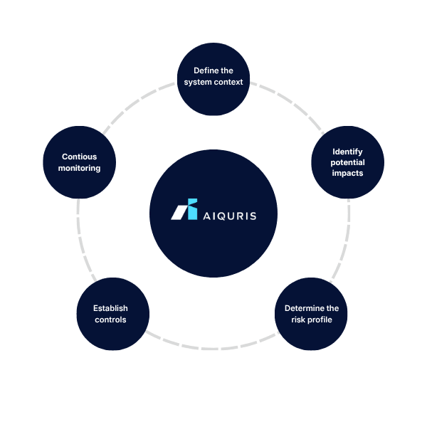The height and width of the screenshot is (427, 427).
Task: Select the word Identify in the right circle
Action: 347,152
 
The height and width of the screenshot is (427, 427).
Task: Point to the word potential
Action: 347,162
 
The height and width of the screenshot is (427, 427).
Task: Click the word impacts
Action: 347,173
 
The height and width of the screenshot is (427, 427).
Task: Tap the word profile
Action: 320,320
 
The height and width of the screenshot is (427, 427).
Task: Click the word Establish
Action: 110,308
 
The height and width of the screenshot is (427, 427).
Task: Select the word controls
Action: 110,320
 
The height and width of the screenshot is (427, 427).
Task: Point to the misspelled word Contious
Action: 79,157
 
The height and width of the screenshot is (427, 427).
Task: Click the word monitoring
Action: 79,168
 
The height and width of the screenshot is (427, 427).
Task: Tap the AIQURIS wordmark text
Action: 230,216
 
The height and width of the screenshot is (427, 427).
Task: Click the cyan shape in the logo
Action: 192,209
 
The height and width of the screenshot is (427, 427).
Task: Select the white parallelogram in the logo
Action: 179,212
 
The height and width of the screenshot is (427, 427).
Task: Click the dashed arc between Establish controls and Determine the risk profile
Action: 212,348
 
